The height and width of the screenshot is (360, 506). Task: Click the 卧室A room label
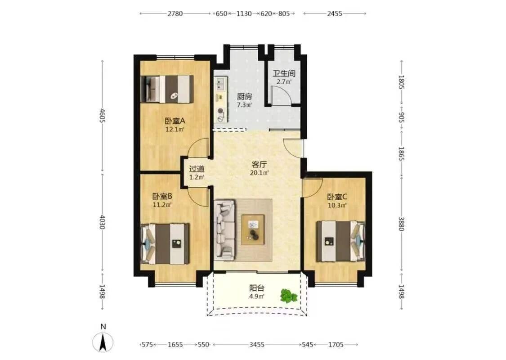click(x=175, y=121)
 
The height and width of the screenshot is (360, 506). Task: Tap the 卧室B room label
click(x=162, y=196)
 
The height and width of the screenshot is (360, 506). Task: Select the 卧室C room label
click(x=337, y=197)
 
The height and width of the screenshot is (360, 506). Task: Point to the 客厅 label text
click(x=259, y=164)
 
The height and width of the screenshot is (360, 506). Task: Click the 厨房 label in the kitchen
click(x=244, y=97)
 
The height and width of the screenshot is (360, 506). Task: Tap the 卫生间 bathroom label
click(x=284, y=73)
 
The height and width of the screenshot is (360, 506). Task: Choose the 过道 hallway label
click(x=197, y=169)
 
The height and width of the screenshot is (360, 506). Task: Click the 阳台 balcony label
click(x=257, y=288)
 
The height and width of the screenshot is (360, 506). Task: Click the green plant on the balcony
click(x=288, y=296)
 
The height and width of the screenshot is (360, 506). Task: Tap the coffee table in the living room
click(x=253, y=229)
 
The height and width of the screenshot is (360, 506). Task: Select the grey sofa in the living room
click(x=224, y=229)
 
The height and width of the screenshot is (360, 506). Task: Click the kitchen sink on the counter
click(x=220, y=84)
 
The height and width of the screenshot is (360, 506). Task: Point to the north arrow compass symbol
click(x=103, y=342)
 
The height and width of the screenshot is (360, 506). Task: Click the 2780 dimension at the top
click(x=175, y=13)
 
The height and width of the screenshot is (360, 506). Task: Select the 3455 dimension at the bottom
click(x=257, y=345)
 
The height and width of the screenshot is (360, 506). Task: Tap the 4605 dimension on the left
click(x=102, y=116)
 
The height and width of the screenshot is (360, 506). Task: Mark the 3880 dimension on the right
click(x=401, y=224)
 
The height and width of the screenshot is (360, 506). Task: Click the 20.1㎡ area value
click(x=259, y=173)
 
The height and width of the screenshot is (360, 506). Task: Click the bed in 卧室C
click(x=340, y=241)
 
